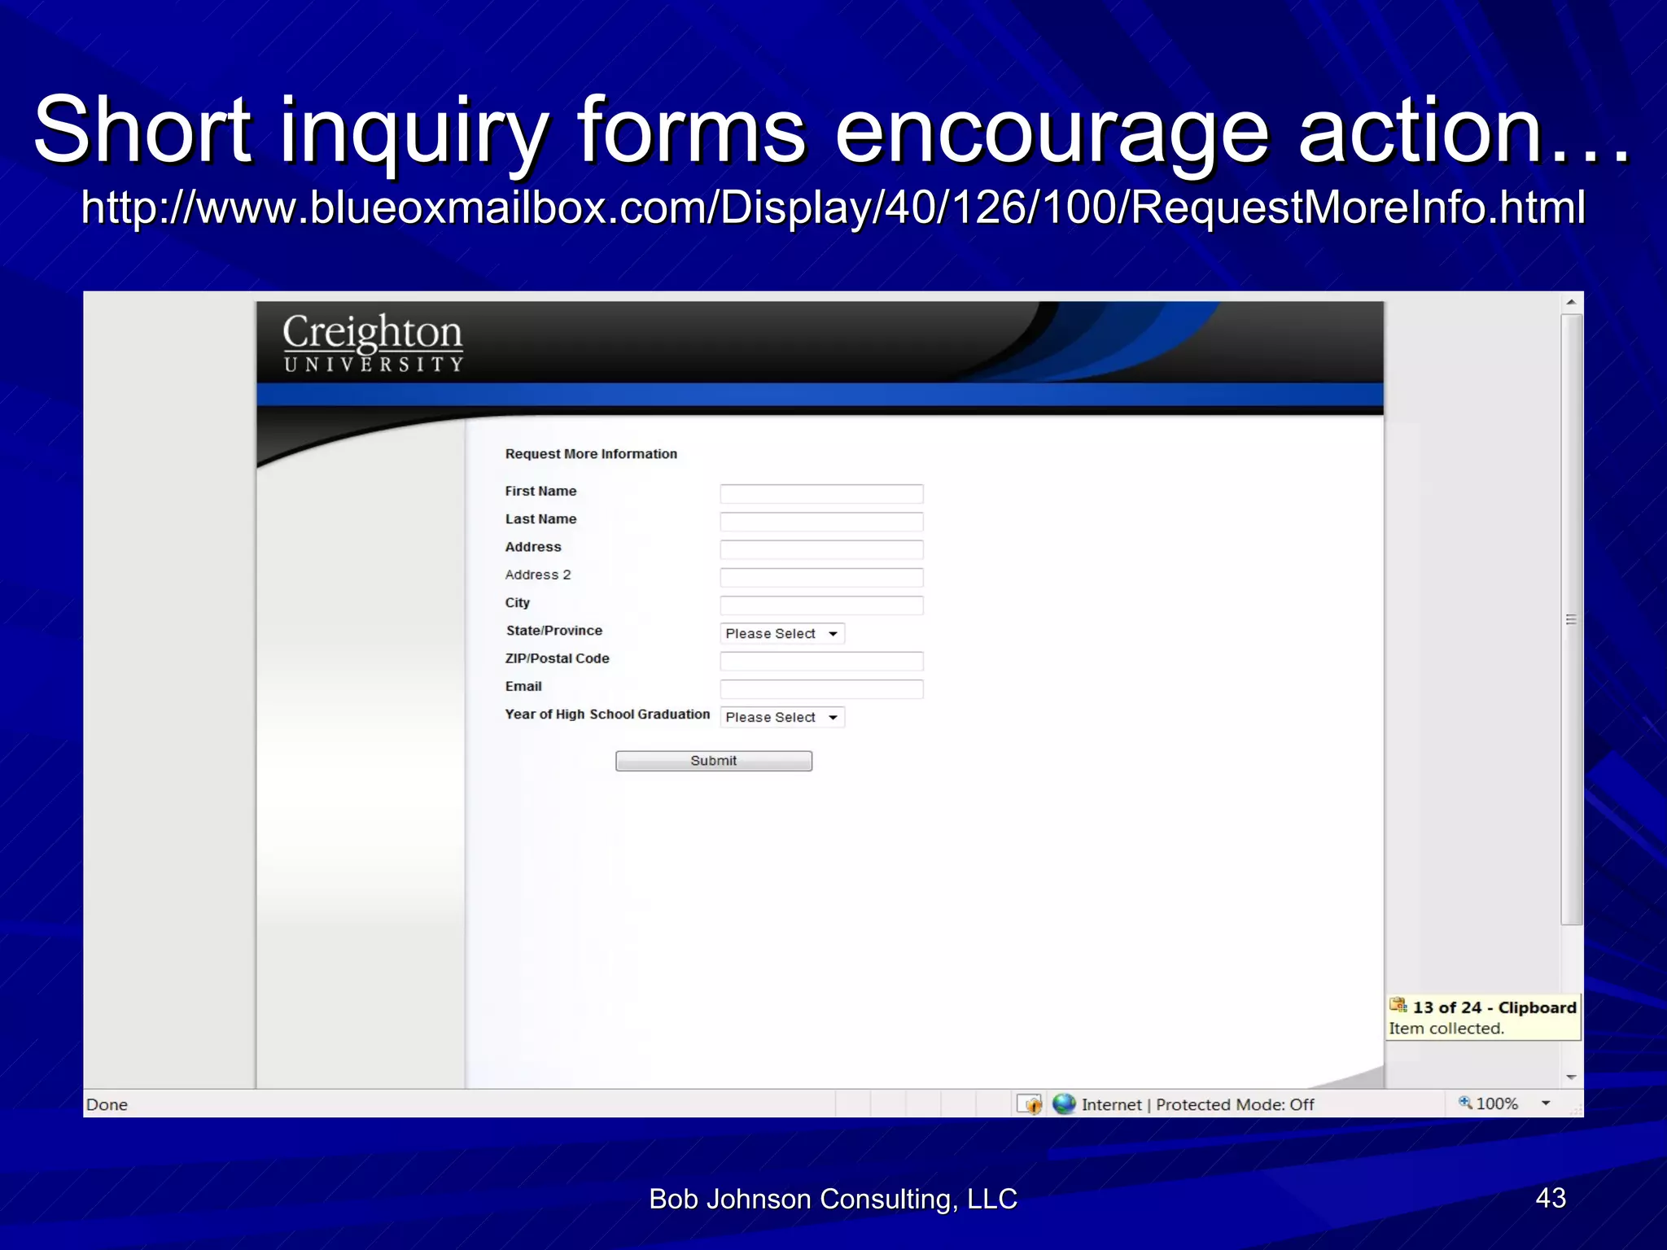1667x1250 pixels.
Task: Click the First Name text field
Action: click(821, 494)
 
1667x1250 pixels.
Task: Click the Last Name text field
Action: click(821, 522)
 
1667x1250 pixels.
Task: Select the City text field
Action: click(821, 605)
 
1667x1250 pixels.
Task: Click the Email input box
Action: click(821, 689)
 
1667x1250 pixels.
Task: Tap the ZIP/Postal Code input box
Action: click(821, 661)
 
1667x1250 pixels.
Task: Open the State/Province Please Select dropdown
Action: click(782, 633)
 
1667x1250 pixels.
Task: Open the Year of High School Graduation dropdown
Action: click(782, 717)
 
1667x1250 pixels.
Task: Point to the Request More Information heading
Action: click(591, 454)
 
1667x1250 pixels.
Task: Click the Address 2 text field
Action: click(821, 578)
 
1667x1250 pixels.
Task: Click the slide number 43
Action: click(1550, 1198)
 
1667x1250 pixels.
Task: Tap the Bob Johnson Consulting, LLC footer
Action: click(833, 1199)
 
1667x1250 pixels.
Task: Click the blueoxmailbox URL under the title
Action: click(833, 208)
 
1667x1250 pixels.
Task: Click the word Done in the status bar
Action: click(107, 1104)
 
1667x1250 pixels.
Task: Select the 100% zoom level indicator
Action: click(1496, 1104)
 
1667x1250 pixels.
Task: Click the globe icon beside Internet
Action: click(1064, 1104)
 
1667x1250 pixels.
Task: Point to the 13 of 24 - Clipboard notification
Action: click(1483, 1016)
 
